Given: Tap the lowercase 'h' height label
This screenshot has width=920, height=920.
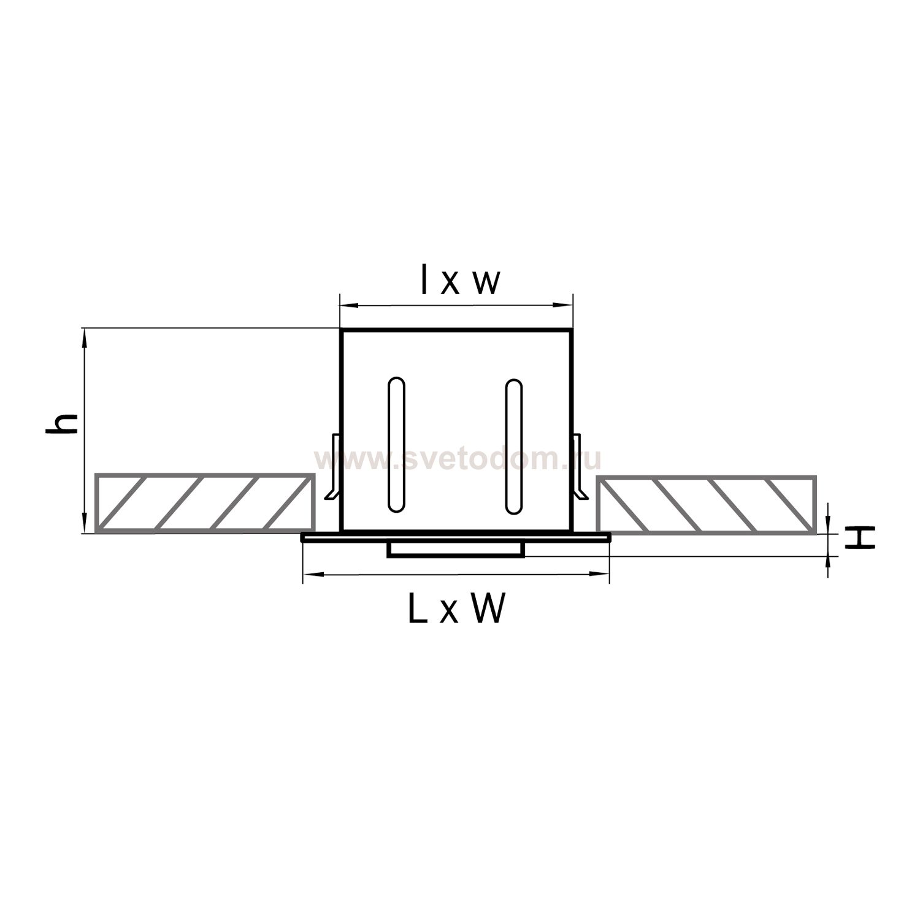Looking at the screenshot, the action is coord(62,424).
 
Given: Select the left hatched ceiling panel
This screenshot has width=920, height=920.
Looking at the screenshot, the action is coord(205,503).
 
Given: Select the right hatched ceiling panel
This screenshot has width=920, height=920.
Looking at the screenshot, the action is coord(707,504).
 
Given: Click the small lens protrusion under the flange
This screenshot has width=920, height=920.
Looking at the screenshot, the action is coord(456,550).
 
